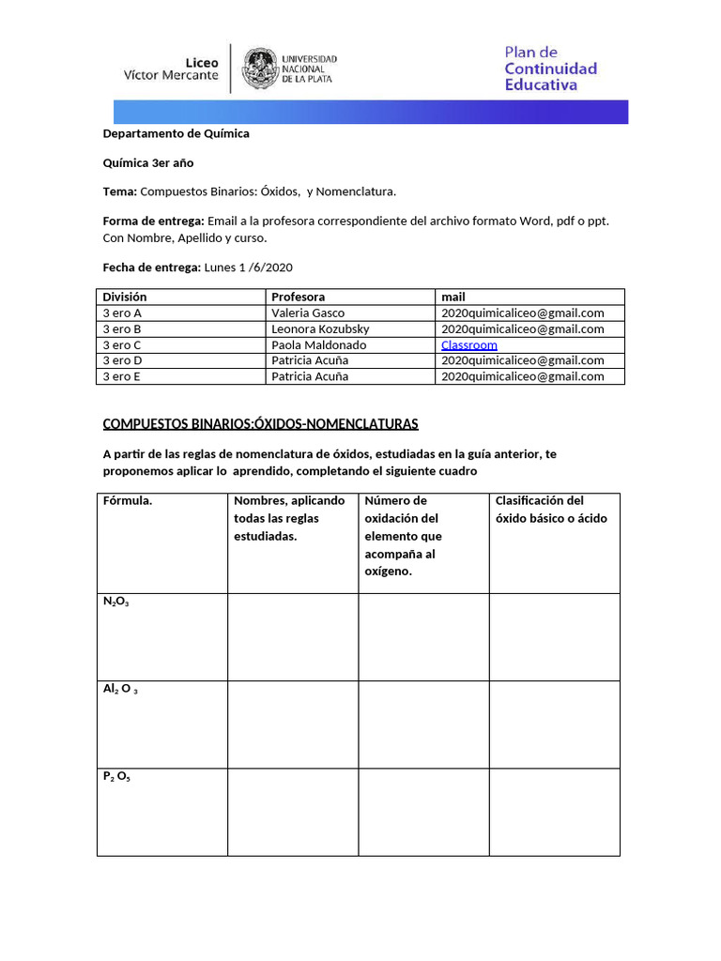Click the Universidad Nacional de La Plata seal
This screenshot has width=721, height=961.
[x=260, y=69]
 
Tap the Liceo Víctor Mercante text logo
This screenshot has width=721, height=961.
[x=171, y=69]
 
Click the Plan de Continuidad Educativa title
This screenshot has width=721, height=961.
[x=550, y=69]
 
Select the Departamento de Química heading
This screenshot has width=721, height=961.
[x=176, y=133]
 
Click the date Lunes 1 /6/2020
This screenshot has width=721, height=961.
[x=242, y=267]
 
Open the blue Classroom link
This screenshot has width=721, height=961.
[x=469, y=344]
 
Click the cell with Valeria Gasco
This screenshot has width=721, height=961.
[x=308, y=313]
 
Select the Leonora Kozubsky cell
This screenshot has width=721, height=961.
[x=320, y=328]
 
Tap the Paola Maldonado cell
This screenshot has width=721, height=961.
[x=318, y=344]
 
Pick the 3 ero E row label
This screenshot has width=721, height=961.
[x=122, y=376]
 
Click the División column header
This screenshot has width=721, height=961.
[x=125, y=297]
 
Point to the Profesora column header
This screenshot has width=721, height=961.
[x=298, y=297]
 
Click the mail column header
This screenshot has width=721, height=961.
[x=453, y=297]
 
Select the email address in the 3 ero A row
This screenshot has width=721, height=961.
[x=523, y=313]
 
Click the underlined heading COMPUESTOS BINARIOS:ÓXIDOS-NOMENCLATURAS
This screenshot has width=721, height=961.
[x=260, y=424]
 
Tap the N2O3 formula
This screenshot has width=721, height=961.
[x=116, y=602]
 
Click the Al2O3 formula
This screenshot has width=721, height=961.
[x=121, y=690]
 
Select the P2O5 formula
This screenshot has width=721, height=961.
[x=117, y=777]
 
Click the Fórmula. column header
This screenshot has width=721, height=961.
[x=128, y=500]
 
